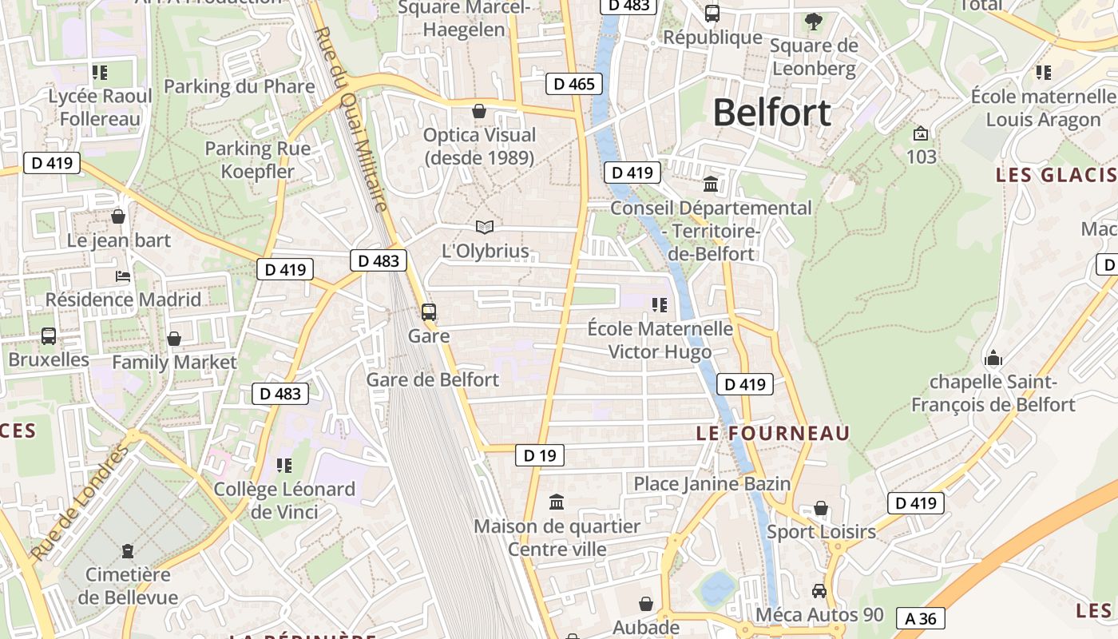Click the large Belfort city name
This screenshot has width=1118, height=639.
[x=771, y=113]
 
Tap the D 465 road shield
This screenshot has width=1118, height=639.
[x=575, y=83]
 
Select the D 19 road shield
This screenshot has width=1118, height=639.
[x=540, y=456]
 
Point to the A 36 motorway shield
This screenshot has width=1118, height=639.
[x=921, y=617]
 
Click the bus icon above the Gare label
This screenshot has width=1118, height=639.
[x=429, y=312]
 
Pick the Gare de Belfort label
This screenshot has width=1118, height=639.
[x=432, y=379]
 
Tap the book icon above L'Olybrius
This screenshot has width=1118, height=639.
[x=484, y=227]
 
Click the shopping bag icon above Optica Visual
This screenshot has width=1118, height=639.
[x=479, y=111]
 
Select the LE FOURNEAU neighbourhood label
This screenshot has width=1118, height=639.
[x=772, y=433]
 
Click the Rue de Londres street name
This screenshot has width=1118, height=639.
[x=80, y=503]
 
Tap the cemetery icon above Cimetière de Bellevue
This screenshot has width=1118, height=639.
[x=127, y=550]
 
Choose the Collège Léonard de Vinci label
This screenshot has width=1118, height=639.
[x=284, y=500]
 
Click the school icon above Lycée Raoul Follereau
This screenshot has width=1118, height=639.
[x=100, y=73]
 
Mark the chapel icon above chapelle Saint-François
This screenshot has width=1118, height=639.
[x=993, y=357]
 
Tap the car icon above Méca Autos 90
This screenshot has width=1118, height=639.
[x=819, y=591]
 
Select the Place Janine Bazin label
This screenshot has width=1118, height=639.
[x=712, y=483]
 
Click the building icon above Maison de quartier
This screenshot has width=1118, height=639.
[x=557, y=502]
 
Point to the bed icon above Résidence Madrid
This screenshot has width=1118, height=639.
[x=123, y=276]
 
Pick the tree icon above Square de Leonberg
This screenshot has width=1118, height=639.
[x=814, y=22]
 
